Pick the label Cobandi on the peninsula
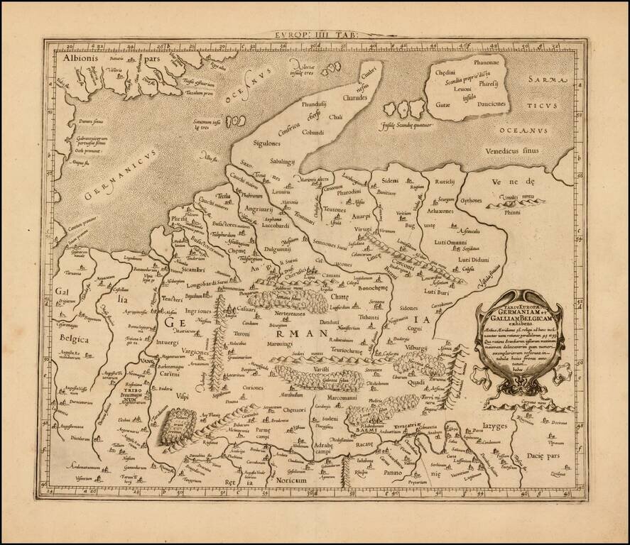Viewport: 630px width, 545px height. pyautogui.click(x=311, y=132)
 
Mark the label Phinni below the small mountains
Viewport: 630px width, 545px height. pyautogui.click(x=512, y=210)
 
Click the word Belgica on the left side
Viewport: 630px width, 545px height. pyautogui.click(x=75, y=339)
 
